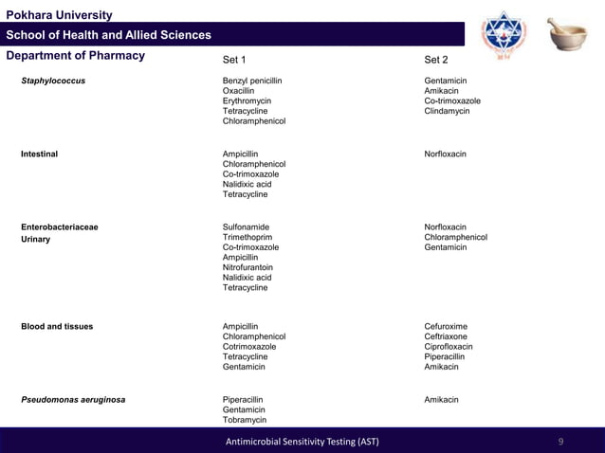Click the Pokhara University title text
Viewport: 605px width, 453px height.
[x=59, y=15]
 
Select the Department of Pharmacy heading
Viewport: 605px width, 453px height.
[x=75, y=56]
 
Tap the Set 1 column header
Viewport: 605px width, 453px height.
[x=234, y=59]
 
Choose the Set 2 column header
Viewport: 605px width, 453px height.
[x=436, y=59]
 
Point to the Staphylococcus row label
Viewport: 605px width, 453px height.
[x=53, y=81]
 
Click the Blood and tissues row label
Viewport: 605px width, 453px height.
[x=57, y=327]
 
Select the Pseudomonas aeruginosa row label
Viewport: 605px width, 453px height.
[x=73, y=400]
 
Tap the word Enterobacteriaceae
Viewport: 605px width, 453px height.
[x=60, y=227]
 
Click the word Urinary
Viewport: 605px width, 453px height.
[x=35, y=240]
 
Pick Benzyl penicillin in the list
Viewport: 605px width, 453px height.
[x=252, y=81]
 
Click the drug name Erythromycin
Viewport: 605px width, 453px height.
[x=247, y=101]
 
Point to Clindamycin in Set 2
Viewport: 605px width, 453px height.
[x=447, y=112]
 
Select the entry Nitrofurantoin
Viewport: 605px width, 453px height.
[x=247, y=267]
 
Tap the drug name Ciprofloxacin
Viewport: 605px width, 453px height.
[x=449, y=347]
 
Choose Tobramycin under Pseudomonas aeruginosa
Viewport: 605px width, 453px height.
[x=245, y=420]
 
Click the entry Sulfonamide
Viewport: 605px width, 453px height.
[x=246, y=227]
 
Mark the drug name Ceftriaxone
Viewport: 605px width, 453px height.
[x=446, y=336]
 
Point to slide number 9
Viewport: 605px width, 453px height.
[x=560, y=442]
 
